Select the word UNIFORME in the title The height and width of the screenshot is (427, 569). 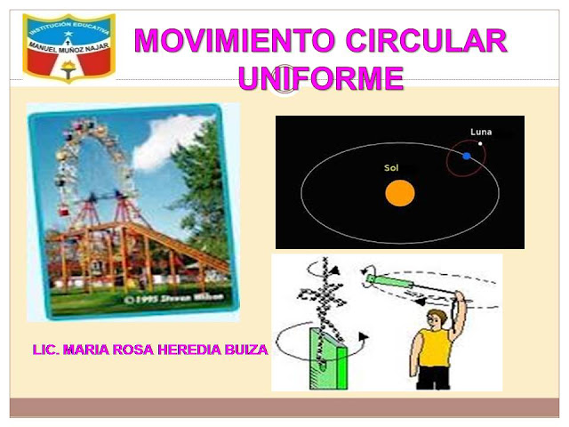(x=321, y=78)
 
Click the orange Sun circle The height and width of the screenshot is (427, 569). (x=400, y=193)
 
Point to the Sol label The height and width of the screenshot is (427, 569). (x=391, y=167)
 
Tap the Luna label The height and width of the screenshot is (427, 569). (x=480, y=132)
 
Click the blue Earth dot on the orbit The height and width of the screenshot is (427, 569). (x=466, y=156)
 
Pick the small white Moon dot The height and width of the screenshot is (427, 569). (x=480, y=143)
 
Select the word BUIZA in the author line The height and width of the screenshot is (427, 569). (x=242, y=350)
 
